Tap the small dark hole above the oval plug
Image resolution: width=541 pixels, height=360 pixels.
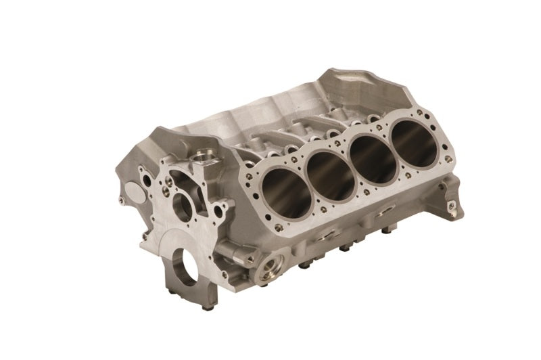pos(141,173)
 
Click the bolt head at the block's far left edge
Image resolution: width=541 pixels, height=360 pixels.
pos(120,202)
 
